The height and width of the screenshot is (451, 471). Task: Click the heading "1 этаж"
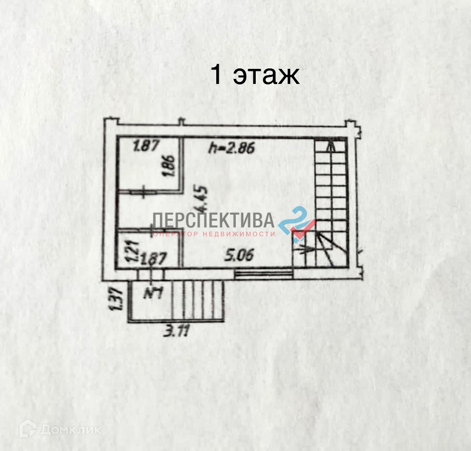click(255, 75)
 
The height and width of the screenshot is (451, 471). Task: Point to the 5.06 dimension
click(239, 255)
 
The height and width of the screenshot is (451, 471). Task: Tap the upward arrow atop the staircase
click(331, 146)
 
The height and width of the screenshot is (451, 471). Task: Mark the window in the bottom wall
click(263, 273)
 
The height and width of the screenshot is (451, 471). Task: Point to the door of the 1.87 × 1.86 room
click(143, 191)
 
